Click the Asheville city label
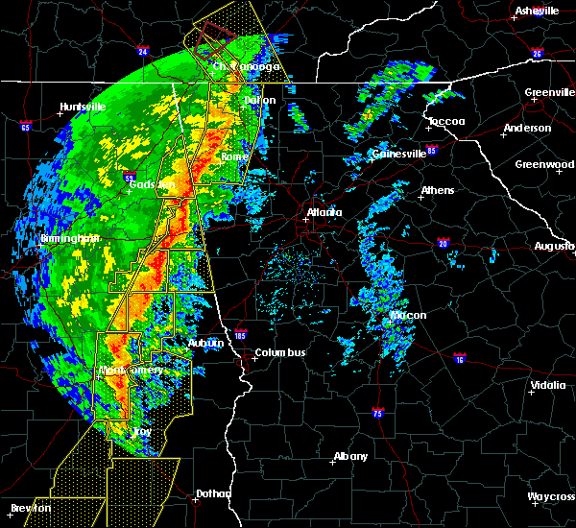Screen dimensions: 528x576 (537, 11)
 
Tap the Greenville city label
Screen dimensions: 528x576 (549, 93)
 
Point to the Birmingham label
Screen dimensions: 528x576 (42, 238)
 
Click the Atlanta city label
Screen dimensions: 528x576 (324, 212)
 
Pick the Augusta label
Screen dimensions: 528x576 (555, 247)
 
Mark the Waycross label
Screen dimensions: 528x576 (551, 496)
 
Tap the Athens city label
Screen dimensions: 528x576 (438, 190)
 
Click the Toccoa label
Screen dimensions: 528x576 (446, 121)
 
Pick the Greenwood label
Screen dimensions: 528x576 (544, 164)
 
